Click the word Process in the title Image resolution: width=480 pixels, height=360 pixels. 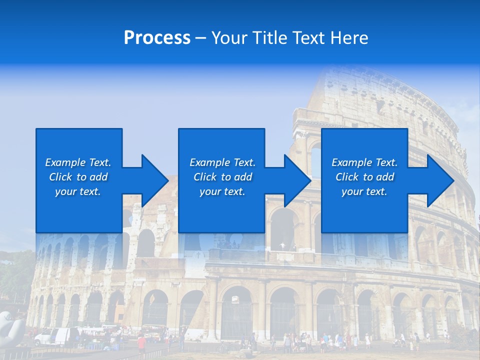(157, 38)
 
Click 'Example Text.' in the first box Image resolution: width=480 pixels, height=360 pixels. (78, 162)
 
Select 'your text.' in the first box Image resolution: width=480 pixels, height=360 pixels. (78, 191)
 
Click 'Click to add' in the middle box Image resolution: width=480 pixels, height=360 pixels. (222, 177)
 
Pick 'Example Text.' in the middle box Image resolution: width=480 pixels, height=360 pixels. (222, 162)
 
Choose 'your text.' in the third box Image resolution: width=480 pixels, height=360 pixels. (364, 191)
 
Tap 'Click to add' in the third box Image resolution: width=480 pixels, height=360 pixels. (364, 177)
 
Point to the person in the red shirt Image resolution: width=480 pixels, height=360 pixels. (142, 342)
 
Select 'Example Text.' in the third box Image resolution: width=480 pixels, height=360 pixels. (364, 162)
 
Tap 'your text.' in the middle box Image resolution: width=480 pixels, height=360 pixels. (222, 191)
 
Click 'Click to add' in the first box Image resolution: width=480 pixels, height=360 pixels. (78, 177)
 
